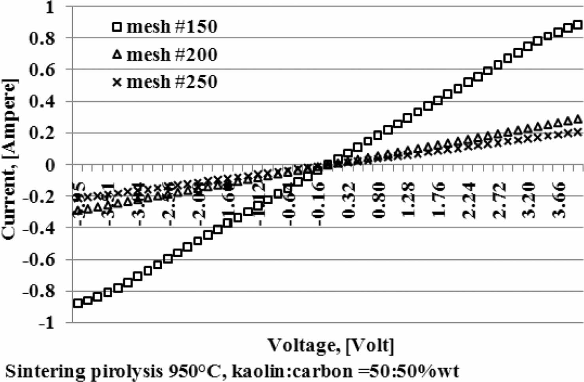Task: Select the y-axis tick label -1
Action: click(48, 323)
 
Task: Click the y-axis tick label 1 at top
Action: click(49, 7)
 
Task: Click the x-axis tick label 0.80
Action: click(379, 200)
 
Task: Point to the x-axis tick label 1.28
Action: click(409, 200)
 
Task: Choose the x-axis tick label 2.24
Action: click(469, 200)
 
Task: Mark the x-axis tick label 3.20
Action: click(529, 200)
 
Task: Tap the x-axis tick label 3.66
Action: click(559, 200)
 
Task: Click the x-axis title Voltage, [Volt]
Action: click(331, 345)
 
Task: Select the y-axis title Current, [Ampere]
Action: click(9, 159)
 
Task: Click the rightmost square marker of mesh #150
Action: click(578, 25)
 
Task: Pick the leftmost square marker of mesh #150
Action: click(78, 303)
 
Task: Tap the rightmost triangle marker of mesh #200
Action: click(578, 119)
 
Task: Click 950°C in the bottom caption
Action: click(194, 371)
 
